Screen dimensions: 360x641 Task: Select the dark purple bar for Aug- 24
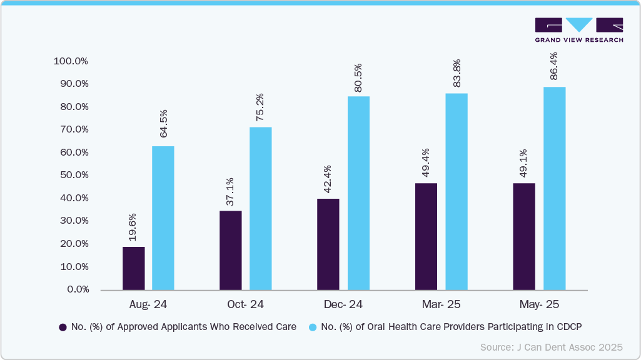tap(133, 268)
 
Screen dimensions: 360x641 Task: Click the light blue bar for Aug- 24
tap(163, 218)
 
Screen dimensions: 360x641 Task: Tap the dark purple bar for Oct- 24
tap(231, 250)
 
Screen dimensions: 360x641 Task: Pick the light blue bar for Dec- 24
tap(358, 193)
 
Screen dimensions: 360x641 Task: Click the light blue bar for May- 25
tap(554, 188)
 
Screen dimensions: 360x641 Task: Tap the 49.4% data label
tap(426, 165)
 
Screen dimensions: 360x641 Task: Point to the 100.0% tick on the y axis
tap(71, 61)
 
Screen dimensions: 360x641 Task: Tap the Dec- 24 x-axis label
tap(343, 304)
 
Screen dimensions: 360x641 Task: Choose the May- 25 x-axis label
tap(539, 304)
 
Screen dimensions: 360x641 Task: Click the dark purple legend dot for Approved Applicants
tap(63, 327)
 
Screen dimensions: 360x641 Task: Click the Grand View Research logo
tap(578, 29)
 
